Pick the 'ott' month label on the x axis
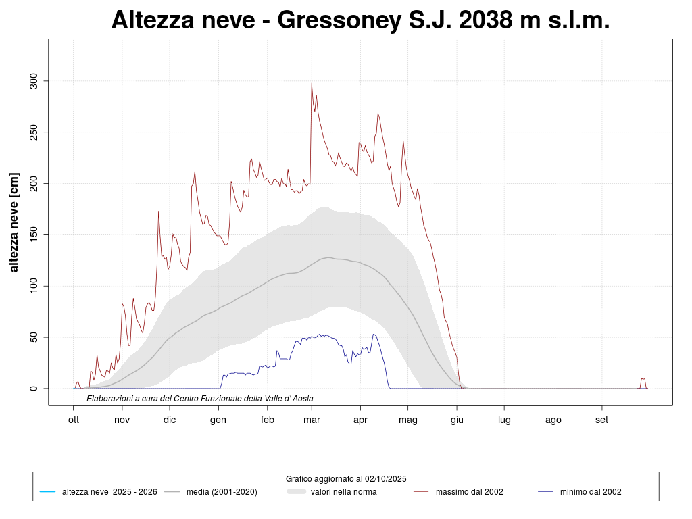pos(74,420)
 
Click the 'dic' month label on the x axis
pos(170,420)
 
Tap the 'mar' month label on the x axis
pos(312,420)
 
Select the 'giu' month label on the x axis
pos(457,420)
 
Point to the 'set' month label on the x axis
pos(601,420)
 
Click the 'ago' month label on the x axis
pos(553,420)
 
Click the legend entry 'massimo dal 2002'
pos(469,492)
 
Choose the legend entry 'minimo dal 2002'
pos(590,492)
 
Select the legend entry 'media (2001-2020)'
pos(222,492)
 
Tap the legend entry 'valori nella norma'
pos(343,492)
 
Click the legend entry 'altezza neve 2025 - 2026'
pos(109,492)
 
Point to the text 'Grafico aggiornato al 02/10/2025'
pos(346,478)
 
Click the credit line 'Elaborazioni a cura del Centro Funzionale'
pos(200,399)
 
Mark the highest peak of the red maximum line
pos(312,84)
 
